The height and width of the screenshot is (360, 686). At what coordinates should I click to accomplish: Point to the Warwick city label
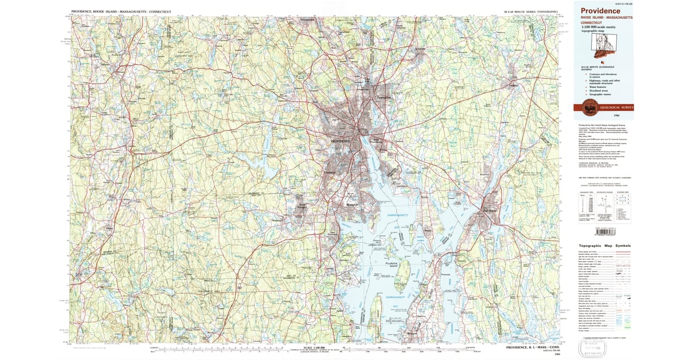[350, 205]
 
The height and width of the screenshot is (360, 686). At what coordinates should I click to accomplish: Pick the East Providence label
[377, 141]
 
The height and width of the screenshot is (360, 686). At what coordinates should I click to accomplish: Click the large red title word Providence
[601, 11]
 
